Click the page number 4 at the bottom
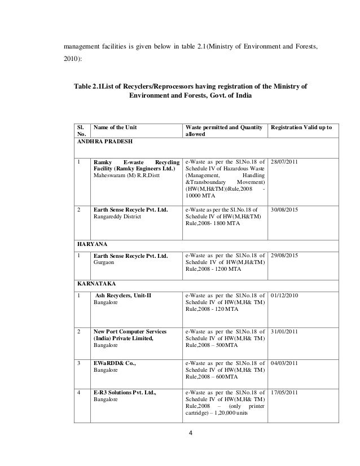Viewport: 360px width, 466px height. click(x=191, y=449)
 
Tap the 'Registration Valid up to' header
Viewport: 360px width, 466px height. click(x=301, y=128)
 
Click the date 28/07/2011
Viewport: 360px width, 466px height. click(x=288, y=161)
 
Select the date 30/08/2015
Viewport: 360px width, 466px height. click(x=288, y=209)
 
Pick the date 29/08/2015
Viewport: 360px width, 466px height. click(x=288, y=256)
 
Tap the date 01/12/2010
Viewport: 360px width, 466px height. click(x=288, y=294)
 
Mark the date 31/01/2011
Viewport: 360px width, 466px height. click(x=288, y=331)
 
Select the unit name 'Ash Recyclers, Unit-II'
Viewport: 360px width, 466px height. click(x=123, y=294)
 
